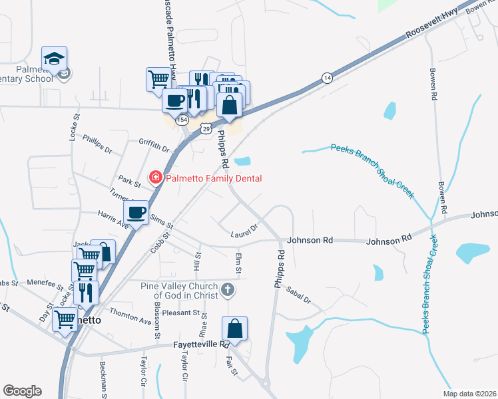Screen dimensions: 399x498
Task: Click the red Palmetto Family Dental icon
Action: click(x=155, y=177)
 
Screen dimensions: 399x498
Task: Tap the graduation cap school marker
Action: click(x=54, y=59)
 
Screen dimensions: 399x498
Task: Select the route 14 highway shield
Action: click(x=327, y=78)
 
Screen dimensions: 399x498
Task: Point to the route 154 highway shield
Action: click(x=181, y=119)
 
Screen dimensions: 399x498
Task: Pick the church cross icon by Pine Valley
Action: click(x=228, y=289)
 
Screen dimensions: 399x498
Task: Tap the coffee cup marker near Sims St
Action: click(x=136, y=213)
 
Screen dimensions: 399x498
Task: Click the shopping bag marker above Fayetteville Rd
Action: click(x=234, y=328)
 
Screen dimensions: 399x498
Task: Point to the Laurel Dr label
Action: click(x=244, y=230)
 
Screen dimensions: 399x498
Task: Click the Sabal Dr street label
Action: click(x=298, y=295)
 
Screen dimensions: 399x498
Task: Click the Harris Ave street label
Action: click(x=113, y=220)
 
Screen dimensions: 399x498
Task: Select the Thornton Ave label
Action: click(x=130, y=315)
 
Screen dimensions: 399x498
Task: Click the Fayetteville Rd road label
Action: click(x=198, y=344)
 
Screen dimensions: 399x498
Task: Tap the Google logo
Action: click(x=22, y=391)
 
